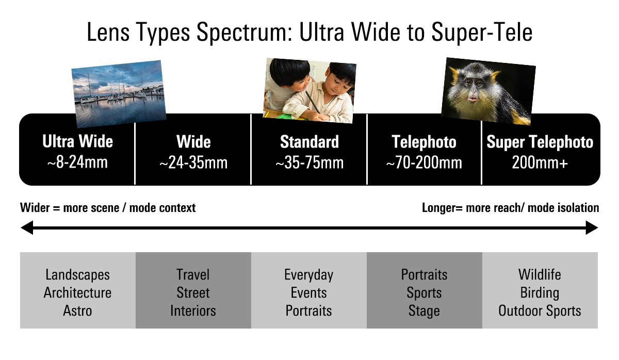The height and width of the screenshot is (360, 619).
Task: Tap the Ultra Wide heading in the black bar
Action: (x=77, y=142)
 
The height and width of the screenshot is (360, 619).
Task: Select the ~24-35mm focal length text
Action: (x=193, y=163)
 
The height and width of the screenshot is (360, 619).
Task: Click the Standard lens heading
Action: (x=309, y=142)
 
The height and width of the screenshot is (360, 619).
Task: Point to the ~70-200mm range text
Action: (x=424, y=163)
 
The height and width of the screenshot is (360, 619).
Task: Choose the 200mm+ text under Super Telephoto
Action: (x=540, y=163)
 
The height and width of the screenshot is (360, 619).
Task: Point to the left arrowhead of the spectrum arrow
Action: (x=26, y=227)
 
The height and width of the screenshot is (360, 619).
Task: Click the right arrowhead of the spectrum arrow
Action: (x=592, y=227)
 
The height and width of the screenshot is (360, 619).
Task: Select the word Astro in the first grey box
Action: (x=77, y=311)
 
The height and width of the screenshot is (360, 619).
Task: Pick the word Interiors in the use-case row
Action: (x=193, y=311)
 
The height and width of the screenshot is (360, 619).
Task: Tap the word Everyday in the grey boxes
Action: (x=308, y=274)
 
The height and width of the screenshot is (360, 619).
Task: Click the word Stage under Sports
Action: (x=424, y=311)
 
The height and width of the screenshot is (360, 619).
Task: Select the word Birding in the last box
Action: (x=540, y=293)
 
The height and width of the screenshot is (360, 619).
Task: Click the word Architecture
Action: (x=77, y=293)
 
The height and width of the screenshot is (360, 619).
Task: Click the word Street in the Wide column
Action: (x=193, y=293)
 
